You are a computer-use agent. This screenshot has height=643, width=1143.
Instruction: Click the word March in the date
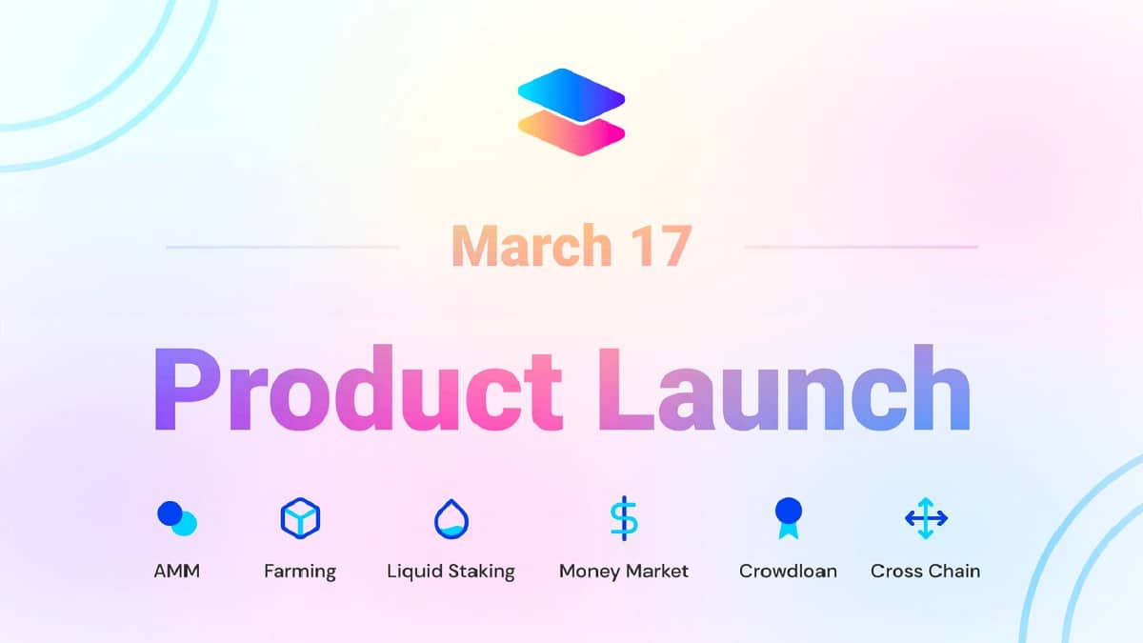click(x=531, y=246)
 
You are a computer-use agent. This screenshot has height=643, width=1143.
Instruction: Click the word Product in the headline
click(x=357, y=389)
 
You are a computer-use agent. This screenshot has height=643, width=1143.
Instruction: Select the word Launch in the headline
click(x=784, y=389)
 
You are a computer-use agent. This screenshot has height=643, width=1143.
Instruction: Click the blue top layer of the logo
click(x=571, y=95)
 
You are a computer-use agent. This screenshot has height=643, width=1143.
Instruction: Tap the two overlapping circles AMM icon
click(x=177, y=518)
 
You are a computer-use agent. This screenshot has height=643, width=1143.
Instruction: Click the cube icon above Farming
click(x=300, y=518)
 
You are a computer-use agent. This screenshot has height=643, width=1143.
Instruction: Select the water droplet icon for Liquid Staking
click(x=451, y=519)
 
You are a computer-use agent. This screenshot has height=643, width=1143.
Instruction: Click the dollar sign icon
click(x=624, y=518)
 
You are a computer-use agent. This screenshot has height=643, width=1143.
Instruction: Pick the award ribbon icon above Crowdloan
click(x=789, y=518)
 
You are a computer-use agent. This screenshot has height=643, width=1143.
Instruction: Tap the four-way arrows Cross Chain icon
click(x=926, y=518)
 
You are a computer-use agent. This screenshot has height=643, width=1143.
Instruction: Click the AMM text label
click(x=176, y=571)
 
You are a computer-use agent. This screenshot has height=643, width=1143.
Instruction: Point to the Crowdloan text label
click(x=788, y=571)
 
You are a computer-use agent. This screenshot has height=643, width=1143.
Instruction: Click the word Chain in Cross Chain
click(x=954, y=571)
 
